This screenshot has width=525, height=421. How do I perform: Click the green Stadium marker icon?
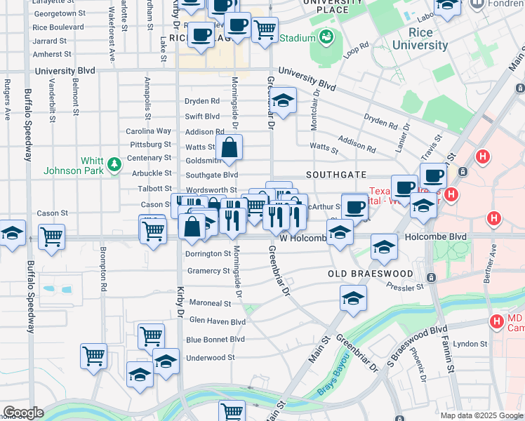(326, 37)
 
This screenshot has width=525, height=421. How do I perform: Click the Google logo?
(22, 413)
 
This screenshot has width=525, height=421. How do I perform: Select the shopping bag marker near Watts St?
(230, 148)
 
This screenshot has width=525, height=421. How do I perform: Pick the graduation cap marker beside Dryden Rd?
(283, 102)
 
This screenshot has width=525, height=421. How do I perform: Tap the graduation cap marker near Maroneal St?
(353, 298)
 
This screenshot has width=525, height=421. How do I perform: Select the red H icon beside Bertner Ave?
(494, 218)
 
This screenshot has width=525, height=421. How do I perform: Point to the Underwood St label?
(211, 358)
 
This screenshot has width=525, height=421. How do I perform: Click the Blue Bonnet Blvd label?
(215, 340)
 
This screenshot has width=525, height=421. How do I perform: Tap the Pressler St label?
(404, 287)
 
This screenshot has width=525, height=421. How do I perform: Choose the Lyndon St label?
(470, 344)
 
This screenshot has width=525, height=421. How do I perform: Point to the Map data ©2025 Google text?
(481, 415)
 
